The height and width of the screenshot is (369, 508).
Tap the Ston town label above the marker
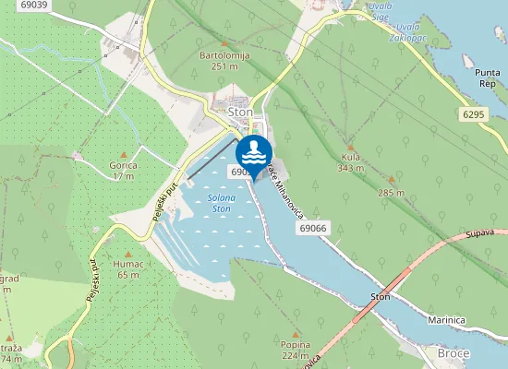pos(240,112)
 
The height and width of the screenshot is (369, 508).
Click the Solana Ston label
pos(220,204)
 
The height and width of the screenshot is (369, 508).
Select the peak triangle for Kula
pos(350,146)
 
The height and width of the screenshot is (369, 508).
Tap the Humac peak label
pos(127,263)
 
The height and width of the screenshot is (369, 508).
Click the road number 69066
pos(314,228)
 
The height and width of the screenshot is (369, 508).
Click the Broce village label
pos(454,353)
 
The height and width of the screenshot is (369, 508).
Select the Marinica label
pos(446,319)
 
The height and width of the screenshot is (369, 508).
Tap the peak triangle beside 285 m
pos(391,180)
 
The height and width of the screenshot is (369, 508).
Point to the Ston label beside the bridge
pos(381,297)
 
